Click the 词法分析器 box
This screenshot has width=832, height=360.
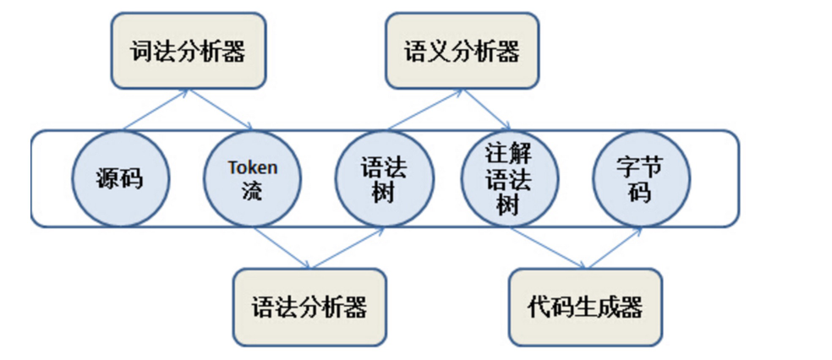click(x=188, y=52)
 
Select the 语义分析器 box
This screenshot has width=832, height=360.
click(x=462, y=52)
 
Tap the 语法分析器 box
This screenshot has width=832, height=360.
click(x=309, y=307)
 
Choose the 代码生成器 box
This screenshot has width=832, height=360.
click(x=584, y=307)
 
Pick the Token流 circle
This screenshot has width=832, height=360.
click(x=252, y=178)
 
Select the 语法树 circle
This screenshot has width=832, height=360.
click(x=385, y=178)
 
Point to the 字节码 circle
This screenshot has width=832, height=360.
click(x=641, y=178)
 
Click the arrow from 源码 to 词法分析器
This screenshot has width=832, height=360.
click(x=156, y=111)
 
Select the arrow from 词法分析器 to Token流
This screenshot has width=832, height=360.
click(x=222, y=110)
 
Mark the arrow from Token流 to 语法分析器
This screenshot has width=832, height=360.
click(x=282, y=248)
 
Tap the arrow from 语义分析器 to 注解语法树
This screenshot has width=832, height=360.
click(x=486, y=110)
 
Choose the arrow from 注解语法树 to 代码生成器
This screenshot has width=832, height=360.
click(x=546, y=248)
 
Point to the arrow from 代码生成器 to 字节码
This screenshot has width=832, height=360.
click(x=612, y=248)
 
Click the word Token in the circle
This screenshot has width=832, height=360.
click(x=252, y=167)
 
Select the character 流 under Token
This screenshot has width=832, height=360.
click(x=252, y=191)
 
